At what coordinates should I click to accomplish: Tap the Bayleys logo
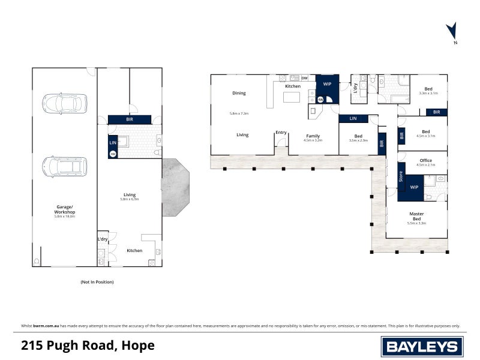421,346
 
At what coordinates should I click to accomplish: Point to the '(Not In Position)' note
97,281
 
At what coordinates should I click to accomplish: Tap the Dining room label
239,93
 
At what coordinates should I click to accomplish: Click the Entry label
281,132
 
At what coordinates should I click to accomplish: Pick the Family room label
313,136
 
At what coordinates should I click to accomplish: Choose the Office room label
425,160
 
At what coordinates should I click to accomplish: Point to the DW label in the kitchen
305,79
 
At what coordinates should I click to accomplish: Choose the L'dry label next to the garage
102,240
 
